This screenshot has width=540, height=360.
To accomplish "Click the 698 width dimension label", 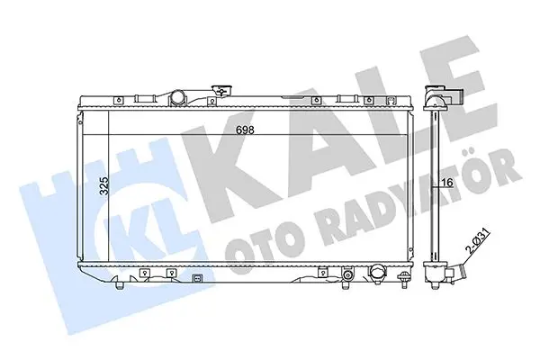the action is click(x=245, y=130).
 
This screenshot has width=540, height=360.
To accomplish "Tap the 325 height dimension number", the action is click(x=104, y=186).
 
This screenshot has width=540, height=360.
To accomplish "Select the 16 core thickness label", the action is click(x=447, y=182).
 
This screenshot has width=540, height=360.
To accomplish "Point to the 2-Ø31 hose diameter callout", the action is click(x=477, y=242).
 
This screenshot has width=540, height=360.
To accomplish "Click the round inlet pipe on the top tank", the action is click(x=177, y=97).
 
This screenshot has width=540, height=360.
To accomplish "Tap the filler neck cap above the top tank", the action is click(x=222, y=91).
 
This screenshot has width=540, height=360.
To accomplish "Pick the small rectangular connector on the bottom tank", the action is click(x=197, y=278).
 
